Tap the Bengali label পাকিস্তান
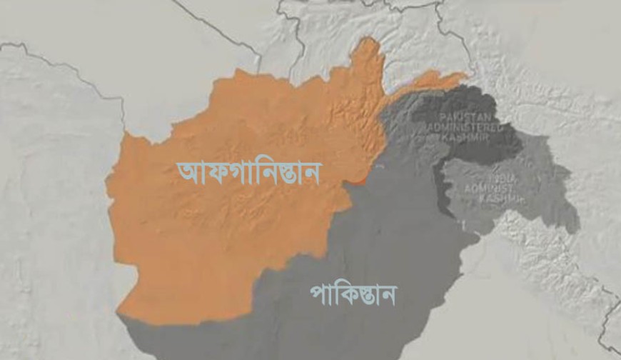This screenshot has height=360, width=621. tap(353, 294)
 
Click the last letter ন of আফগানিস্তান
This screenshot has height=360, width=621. tap(312, 173)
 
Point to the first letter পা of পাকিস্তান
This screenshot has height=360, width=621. tap(319, 294)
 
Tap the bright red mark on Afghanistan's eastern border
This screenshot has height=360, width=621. tap(355, 182)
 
